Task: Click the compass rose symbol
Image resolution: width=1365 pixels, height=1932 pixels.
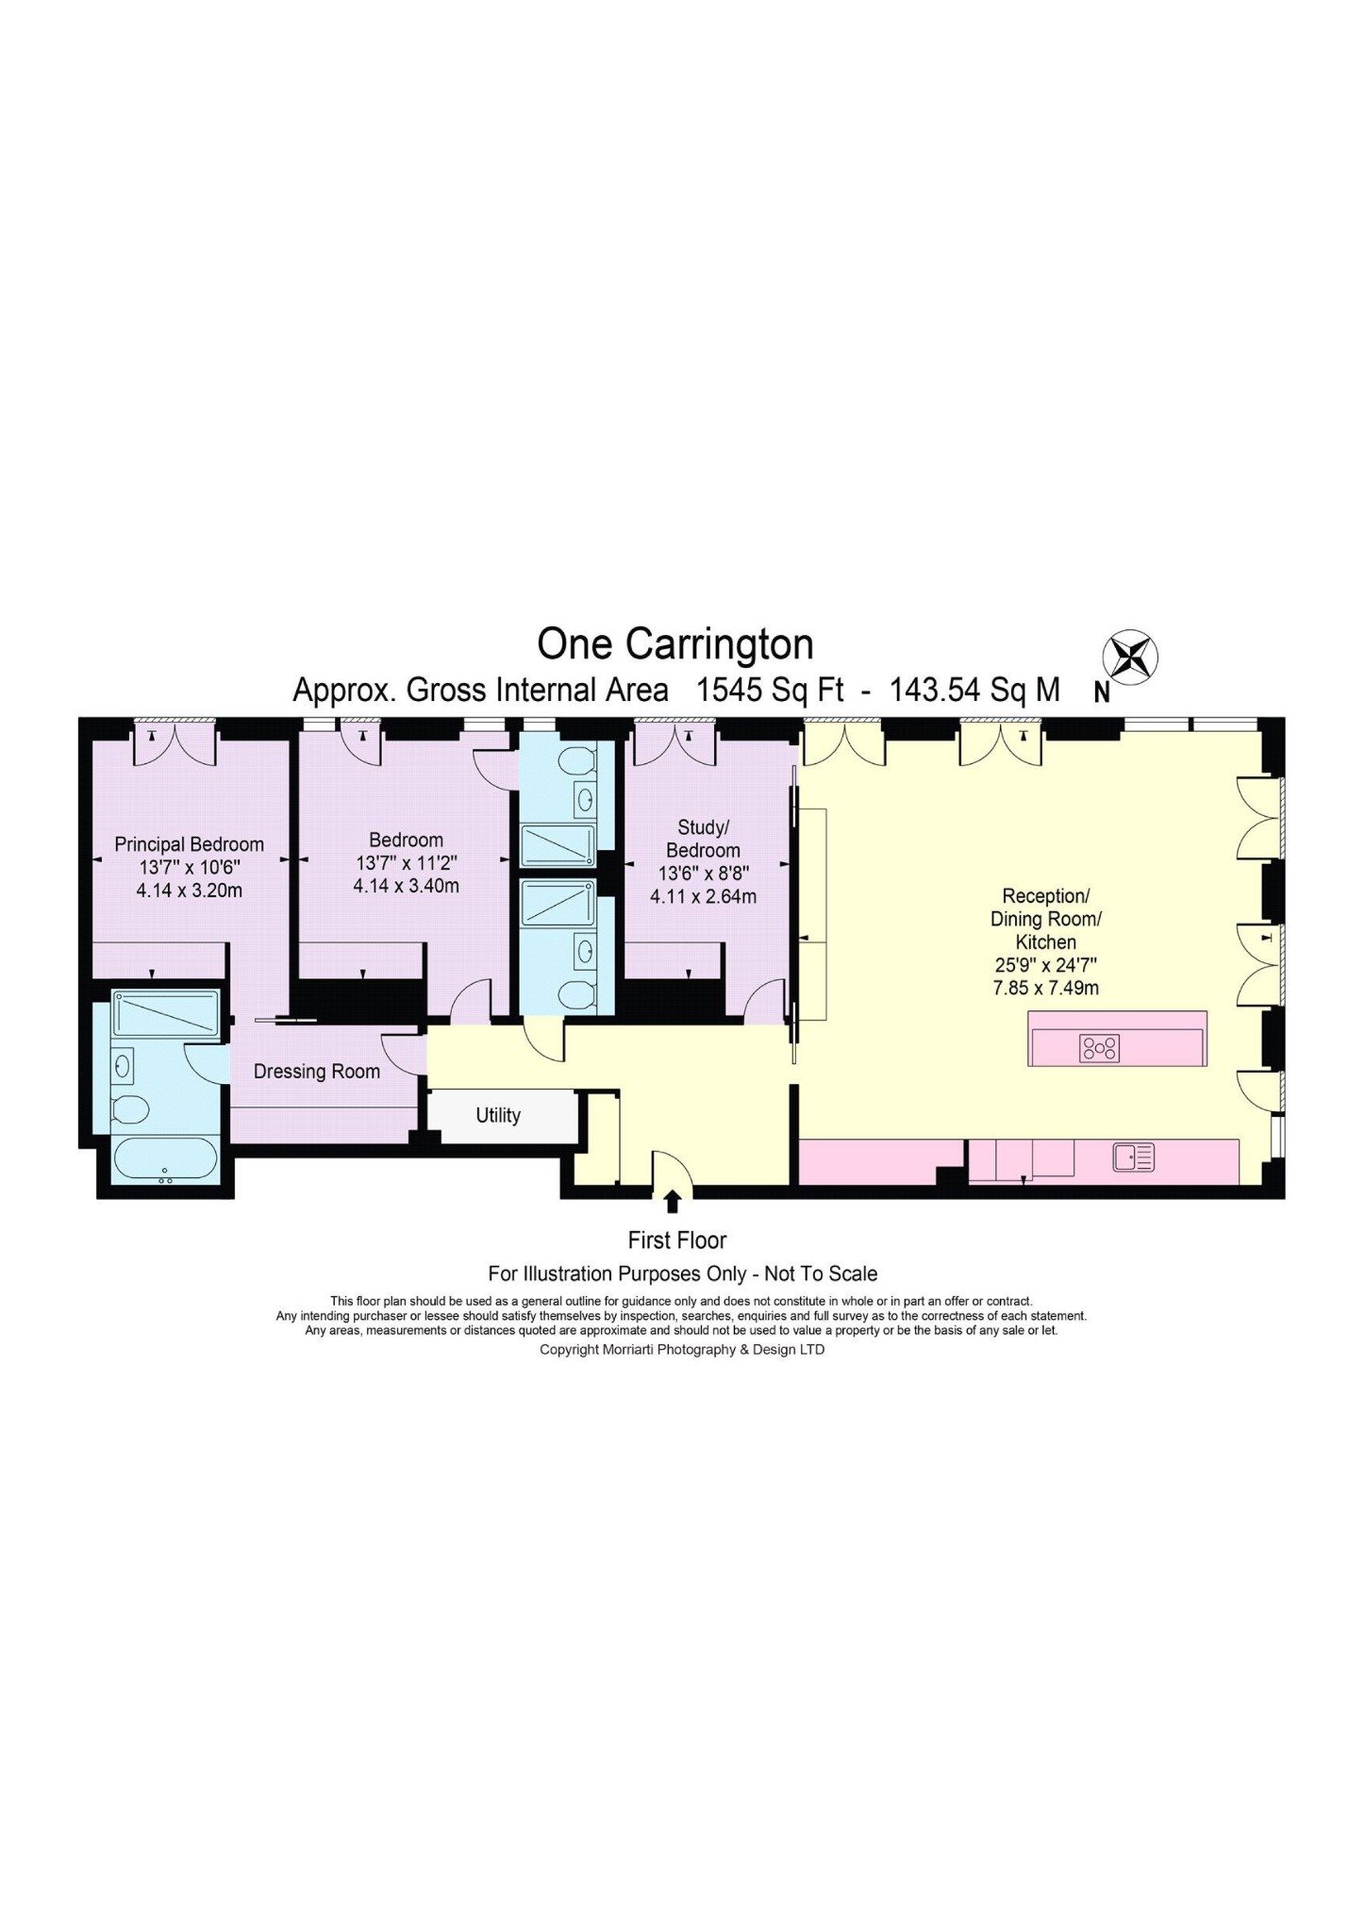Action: tap(1130, 657)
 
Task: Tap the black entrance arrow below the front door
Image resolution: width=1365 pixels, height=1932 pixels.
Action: tap(673, 1201)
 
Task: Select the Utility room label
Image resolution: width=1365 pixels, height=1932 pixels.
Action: tap(498, 1115)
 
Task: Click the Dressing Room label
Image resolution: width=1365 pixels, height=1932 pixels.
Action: tap(317, 1072)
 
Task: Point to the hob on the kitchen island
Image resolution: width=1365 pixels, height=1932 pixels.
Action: tap(1100, 1048)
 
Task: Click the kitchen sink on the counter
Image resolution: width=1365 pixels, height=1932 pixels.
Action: tap(1133, 1157)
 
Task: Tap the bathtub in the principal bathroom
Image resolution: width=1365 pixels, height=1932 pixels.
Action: tap(165, 1158)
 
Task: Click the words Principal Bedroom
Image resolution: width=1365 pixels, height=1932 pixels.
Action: tap(189, 844)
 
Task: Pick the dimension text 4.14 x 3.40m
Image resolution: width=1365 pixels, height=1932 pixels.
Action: tap(407, 886)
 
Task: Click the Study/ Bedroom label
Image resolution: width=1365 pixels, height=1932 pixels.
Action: tap(703, 839)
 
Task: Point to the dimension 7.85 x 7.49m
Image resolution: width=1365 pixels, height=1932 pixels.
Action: tap(1046, 988)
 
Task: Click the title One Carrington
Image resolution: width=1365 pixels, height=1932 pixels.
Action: tap(675, 644)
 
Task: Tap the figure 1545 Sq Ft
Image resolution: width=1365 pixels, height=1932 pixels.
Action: tap(770, 691)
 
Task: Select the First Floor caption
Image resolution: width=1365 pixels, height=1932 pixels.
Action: tap(677, 1241)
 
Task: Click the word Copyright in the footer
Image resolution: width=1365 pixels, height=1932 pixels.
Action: tap(569, 1350)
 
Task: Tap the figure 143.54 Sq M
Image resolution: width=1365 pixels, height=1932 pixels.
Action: tap(975, 691)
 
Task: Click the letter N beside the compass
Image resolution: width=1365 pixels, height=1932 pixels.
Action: tap(1102, 692)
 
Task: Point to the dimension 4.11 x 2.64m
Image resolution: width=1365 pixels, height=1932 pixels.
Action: tap(704, 897)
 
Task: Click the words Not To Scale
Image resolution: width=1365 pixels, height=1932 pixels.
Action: tap(821, 1274)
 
